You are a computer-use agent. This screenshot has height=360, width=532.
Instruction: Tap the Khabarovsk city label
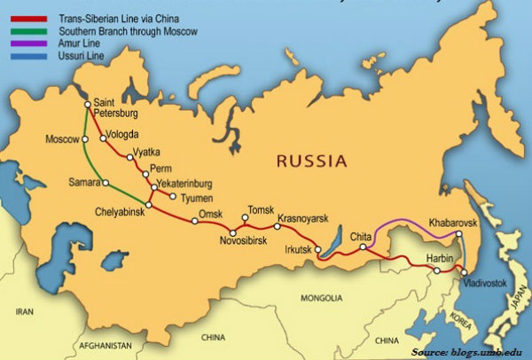[x=453, y=216]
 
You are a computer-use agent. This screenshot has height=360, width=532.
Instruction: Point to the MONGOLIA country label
[x=321, y=298]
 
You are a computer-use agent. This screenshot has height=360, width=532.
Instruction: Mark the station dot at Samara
[x=105, y=183]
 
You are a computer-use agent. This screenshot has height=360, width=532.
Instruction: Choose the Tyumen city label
[x=198, y=198]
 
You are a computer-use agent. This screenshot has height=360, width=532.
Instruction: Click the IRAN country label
[x=24, y=312]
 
